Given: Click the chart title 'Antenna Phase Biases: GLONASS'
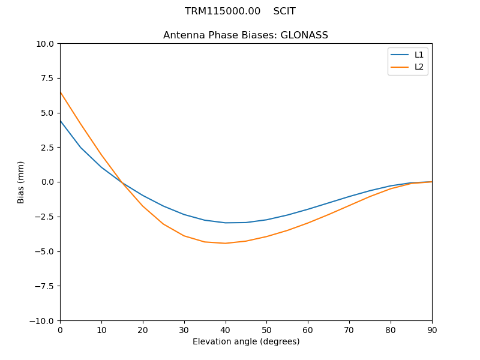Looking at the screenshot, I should (x=245, y=35).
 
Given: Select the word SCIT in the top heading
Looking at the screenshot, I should (x=284, y=11).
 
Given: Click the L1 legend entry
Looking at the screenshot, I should (x=419, y=55).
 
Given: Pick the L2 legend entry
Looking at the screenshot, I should (x=419, y=67).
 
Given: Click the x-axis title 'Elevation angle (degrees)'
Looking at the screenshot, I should (x=246, y=342).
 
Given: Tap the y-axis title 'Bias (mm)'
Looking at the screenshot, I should (x=21, y=182).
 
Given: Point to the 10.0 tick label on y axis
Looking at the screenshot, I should (x=46, y=44).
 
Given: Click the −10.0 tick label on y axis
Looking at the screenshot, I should (x=43, y=321).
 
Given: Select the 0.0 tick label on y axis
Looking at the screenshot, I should (x=48, y=182).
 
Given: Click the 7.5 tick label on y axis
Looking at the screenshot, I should (x=48, y=79).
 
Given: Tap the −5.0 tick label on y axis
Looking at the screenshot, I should (x=45, y=251).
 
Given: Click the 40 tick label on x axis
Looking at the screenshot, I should (x=226, y=330).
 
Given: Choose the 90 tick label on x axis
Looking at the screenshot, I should (x=432, y=330).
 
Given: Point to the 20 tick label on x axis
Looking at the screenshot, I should (x=143, y=330).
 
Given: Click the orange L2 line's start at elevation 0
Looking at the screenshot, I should (x=60, y=92).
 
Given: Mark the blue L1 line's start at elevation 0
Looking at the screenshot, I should (x=60, y=121).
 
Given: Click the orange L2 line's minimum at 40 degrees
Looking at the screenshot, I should (x=226, y=243).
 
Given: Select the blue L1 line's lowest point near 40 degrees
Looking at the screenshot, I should (x=226, y=223).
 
